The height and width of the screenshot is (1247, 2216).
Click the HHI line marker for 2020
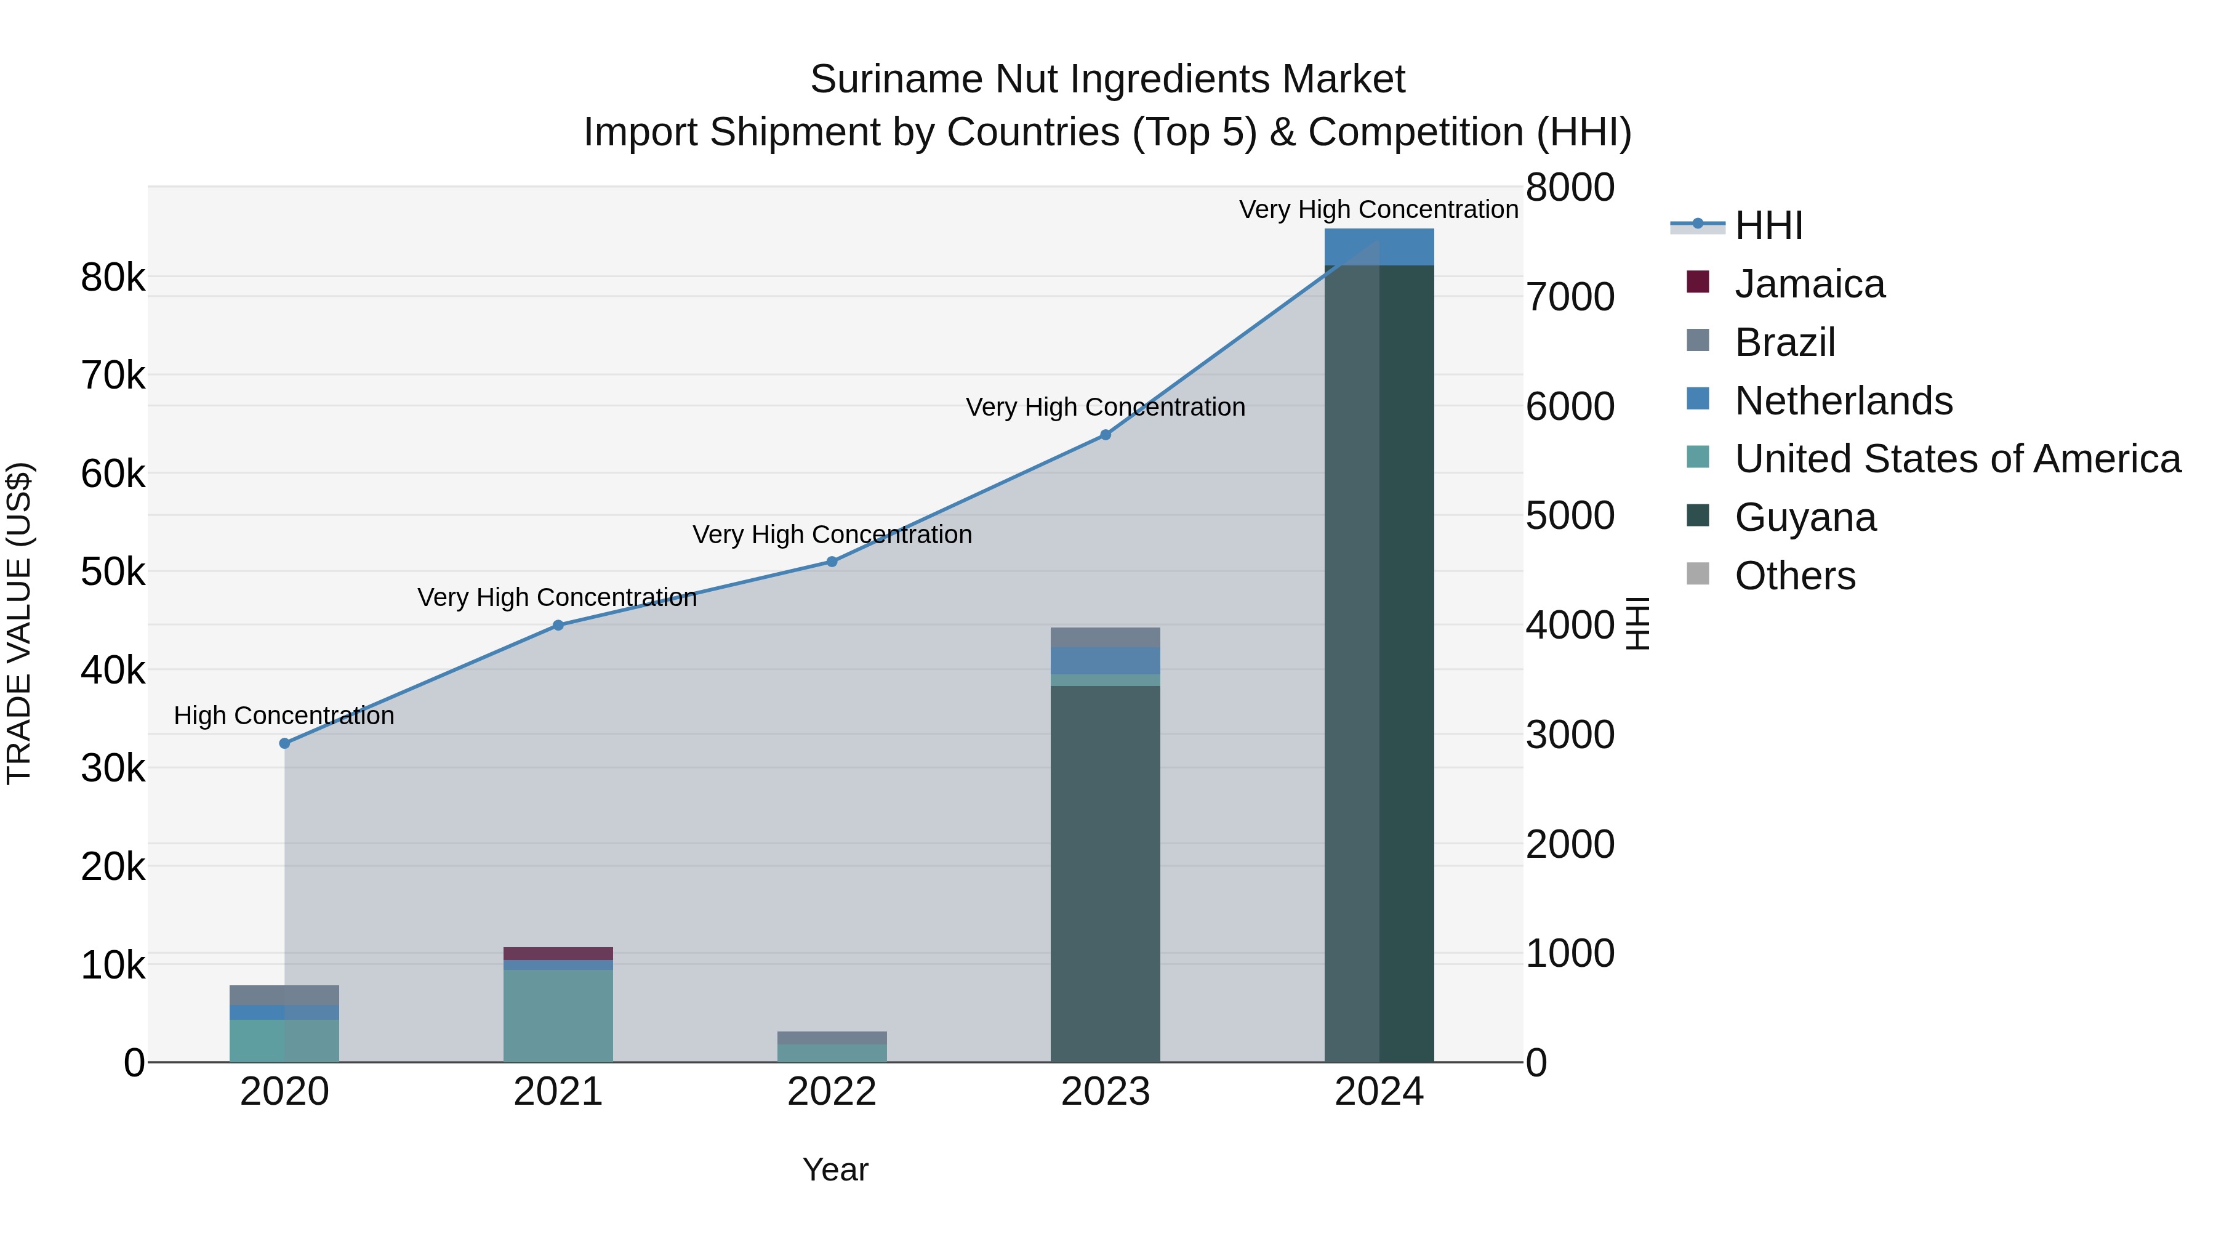point(285,743)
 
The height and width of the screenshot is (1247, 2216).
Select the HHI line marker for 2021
point(558,625)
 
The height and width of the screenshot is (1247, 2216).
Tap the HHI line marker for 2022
point(832,561)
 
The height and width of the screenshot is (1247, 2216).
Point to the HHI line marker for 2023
point(1106,435)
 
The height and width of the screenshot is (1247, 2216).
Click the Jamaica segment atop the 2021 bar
point(558,953)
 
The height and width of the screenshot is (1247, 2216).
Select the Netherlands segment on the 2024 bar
point(1379,247)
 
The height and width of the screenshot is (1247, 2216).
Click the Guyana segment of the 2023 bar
point(1106,873)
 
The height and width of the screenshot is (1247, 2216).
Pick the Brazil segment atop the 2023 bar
point(1106,637)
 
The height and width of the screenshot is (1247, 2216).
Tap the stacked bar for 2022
point(832,1046)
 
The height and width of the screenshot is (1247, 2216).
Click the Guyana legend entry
point(1805,517)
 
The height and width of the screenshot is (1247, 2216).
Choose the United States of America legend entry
point(1957,459)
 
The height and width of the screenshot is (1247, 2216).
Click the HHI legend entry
point(1768,225)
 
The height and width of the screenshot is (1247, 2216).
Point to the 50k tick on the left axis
point(113,571)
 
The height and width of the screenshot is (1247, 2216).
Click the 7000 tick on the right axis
point(1570,297)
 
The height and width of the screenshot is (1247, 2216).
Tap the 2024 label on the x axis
point(1379,1092)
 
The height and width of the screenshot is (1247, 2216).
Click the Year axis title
point(835,1169)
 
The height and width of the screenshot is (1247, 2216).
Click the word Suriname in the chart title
point(896,79)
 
